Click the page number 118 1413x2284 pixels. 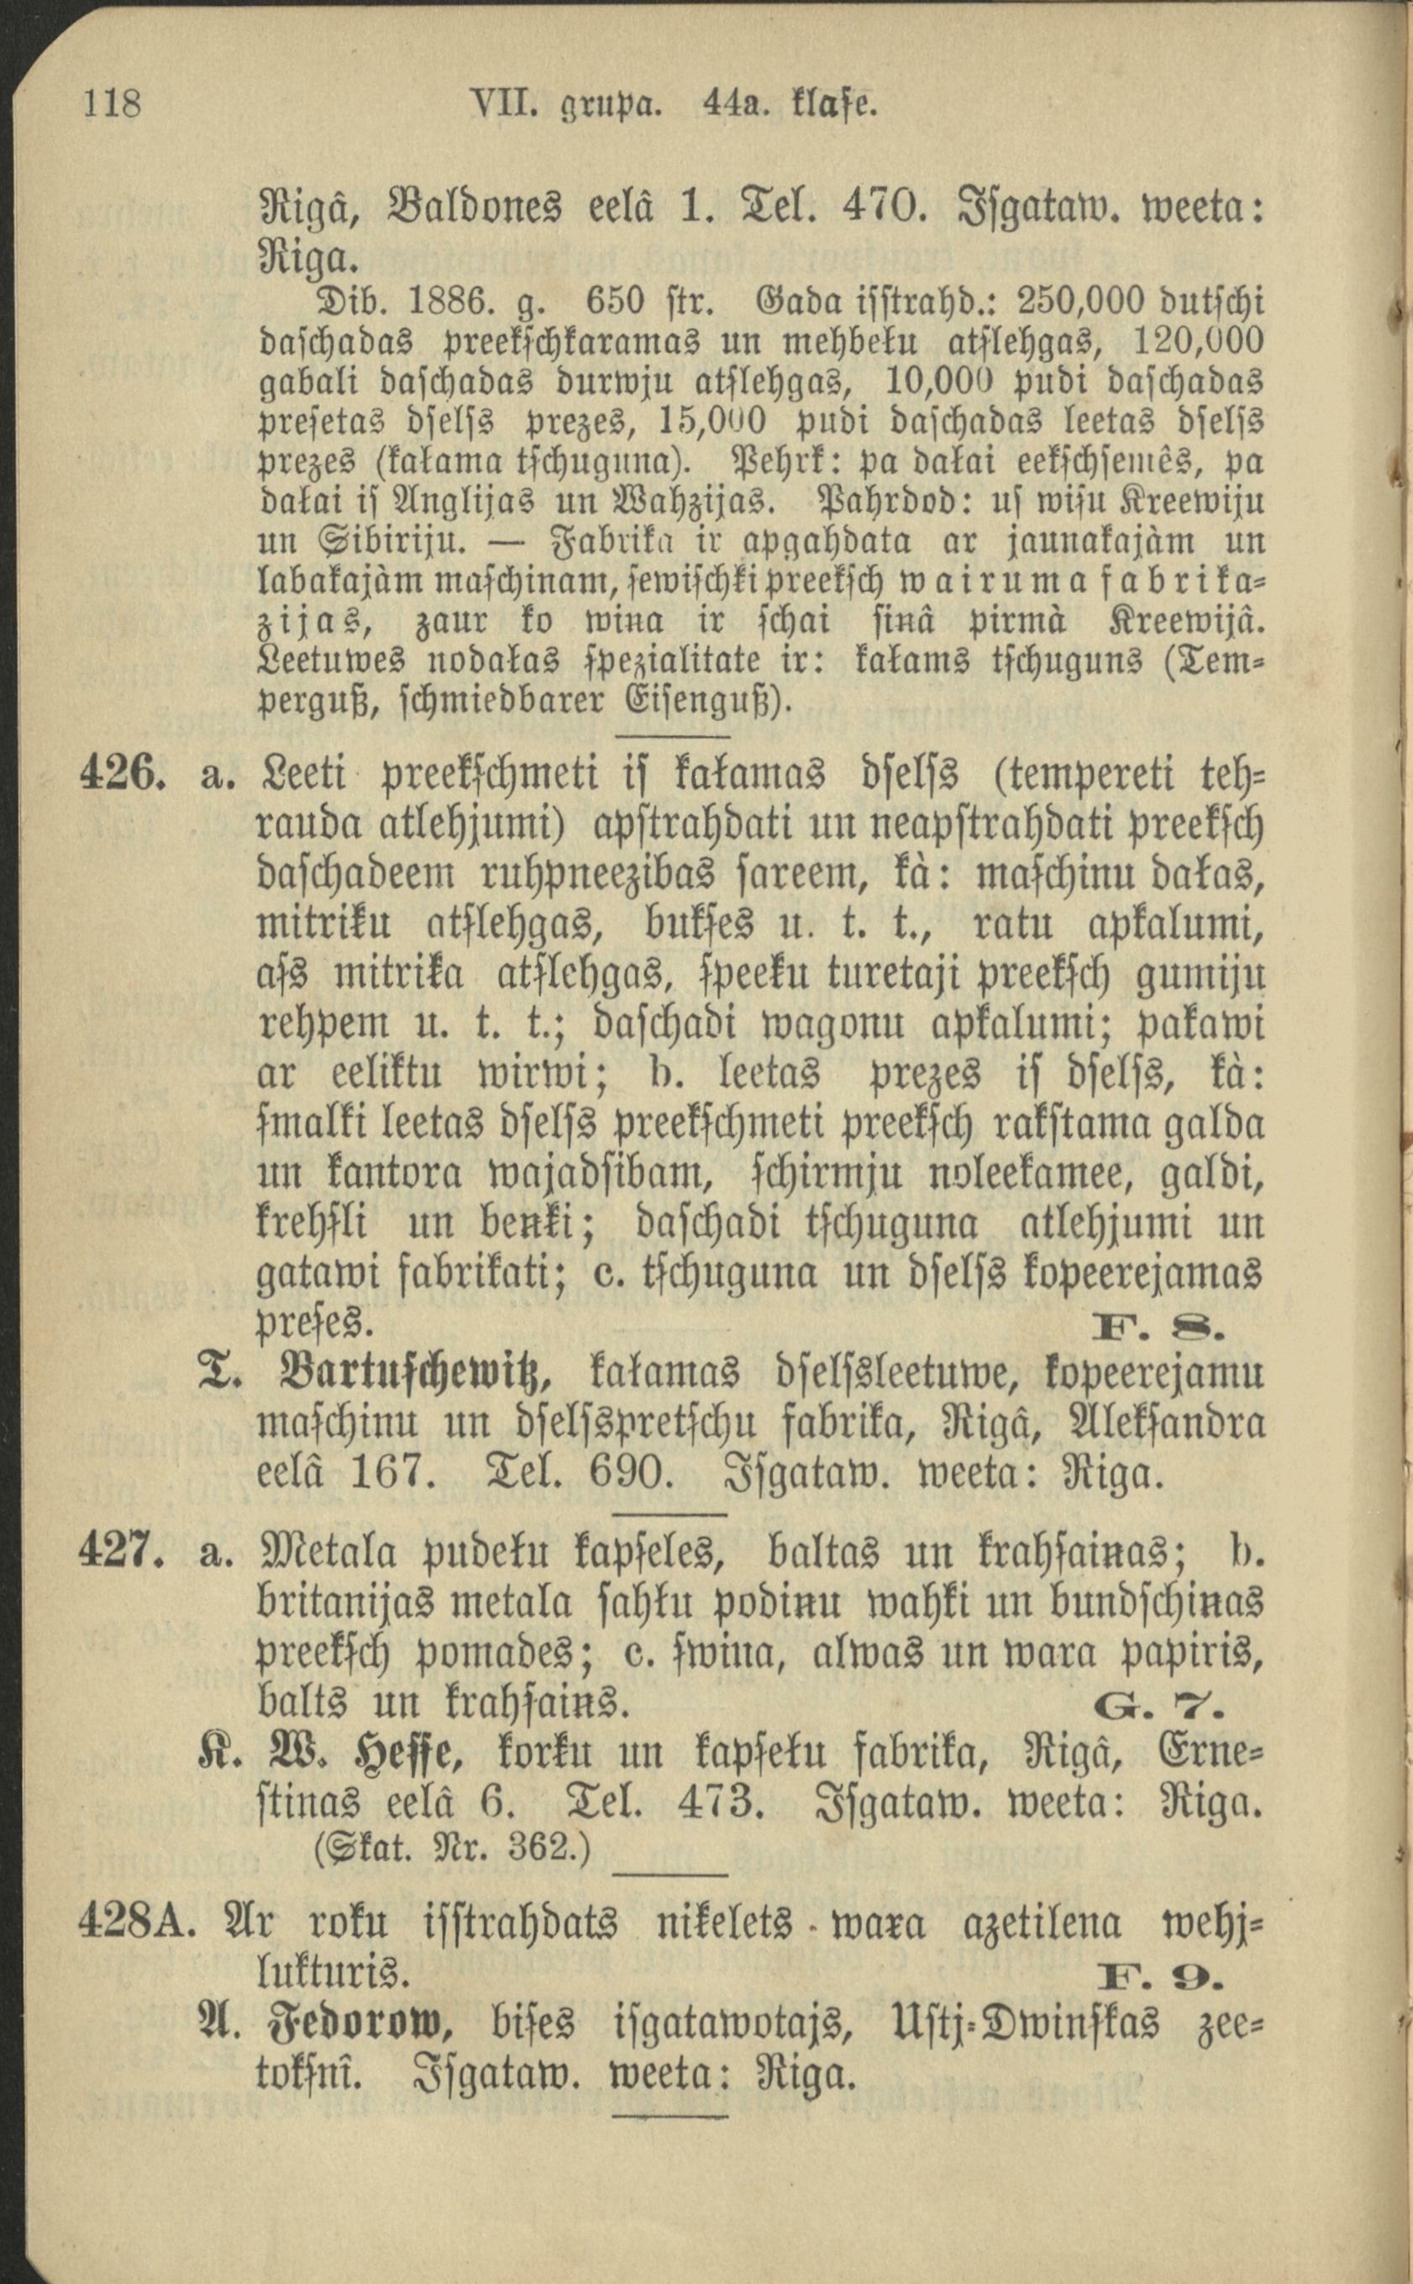coord(112,103)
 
